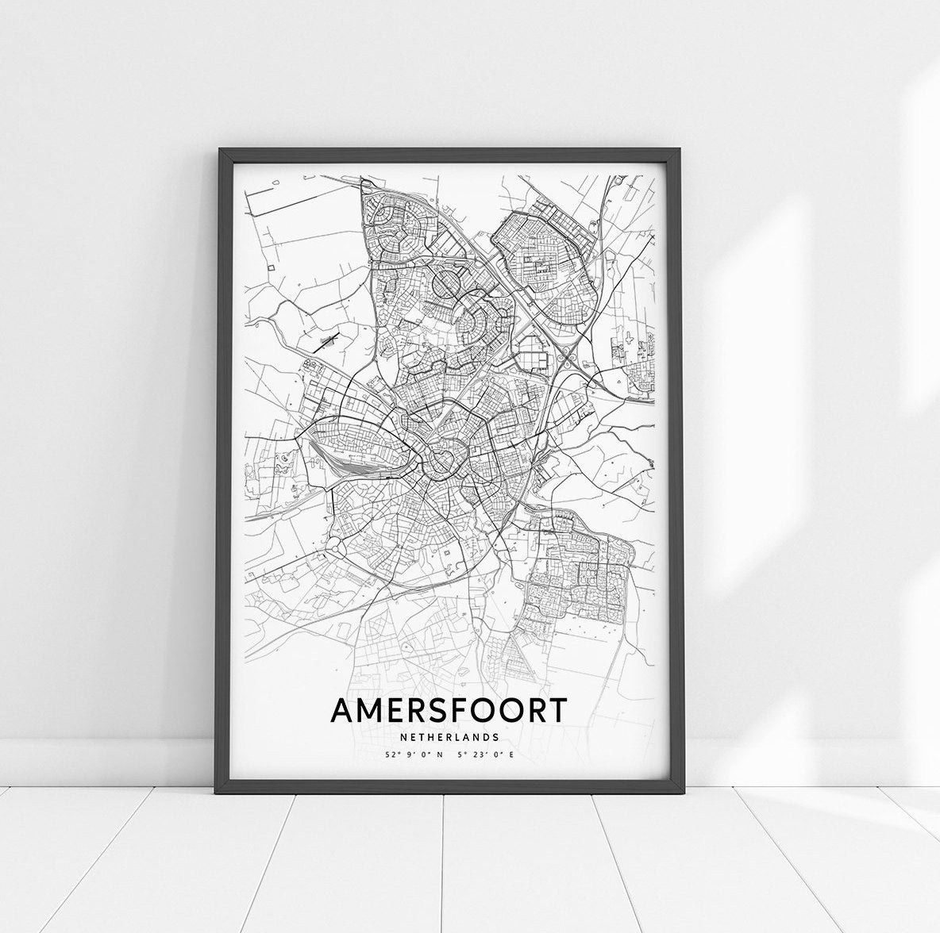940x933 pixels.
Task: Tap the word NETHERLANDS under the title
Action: tap(449, 737)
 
